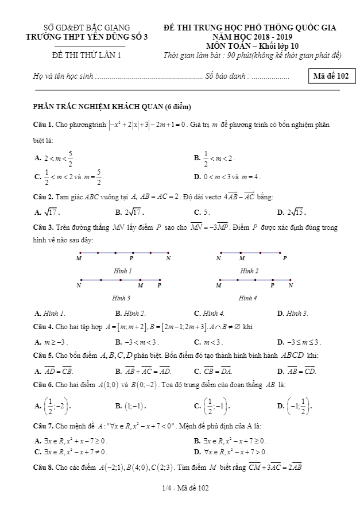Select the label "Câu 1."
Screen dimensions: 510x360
pos(44,125)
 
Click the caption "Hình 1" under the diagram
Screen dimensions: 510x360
pos(123,271)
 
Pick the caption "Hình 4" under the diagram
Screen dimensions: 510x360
pos(248,298)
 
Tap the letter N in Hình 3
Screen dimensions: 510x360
pos(79,285)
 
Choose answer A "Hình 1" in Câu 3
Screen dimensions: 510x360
pos(50,313)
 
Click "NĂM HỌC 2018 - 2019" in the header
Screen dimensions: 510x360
pos(249,37)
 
